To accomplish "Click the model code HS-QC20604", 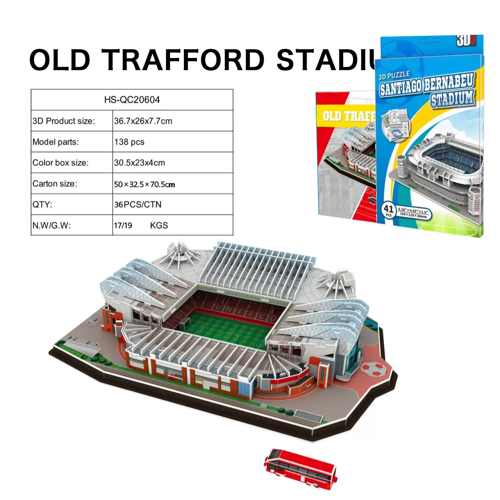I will click(x=132, y=100).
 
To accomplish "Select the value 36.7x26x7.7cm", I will click(x=143, y=121).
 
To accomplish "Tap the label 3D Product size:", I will click(x=64, y=121).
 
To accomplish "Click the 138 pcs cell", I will click(x=129, y=142).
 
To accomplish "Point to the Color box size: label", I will click(x=60, y=163).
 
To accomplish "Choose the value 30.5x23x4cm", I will click(x=139, y=163).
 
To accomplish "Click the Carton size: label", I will click(x=55, y=184).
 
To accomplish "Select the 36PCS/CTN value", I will click(x=138, y=205).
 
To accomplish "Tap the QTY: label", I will click(x=42, y=205).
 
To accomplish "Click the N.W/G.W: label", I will click(x=52, y=226).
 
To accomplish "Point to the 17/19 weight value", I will click(x=123, y=226).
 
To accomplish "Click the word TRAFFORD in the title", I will click(x=183, y=60).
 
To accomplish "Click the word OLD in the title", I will click(x=60, y=60).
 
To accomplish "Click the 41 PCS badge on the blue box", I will click(x=388, y=210).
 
